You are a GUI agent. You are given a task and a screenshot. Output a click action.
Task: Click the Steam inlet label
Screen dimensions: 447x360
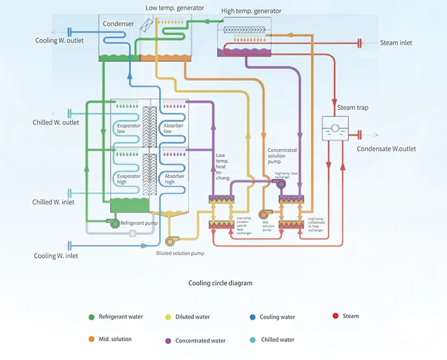click(396, 43)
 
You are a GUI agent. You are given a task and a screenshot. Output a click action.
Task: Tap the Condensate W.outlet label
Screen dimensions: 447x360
click(386, 148)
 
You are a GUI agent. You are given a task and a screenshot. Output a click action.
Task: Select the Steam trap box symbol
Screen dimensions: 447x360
click(335, 128)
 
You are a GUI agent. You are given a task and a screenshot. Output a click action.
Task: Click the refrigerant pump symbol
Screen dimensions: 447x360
click(114, 223)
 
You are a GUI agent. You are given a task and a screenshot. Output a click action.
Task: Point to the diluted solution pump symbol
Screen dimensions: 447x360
click(171, 241)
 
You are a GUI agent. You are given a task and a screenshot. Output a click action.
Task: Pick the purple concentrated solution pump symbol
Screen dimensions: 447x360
click(280, 184)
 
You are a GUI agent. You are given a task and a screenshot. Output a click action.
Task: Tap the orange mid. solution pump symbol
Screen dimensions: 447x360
click(264, 214)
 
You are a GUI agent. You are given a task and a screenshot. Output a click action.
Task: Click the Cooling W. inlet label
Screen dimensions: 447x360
click(56, 256)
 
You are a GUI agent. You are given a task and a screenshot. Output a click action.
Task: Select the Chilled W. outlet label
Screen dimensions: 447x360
click(55, 122)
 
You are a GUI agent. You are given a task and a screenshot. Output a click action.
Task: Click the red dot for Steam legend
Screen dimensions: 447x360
click(336, 316)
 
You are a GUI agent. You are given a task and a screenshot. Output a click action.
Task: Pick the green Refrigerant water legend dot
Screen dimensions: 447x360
click(92, 317)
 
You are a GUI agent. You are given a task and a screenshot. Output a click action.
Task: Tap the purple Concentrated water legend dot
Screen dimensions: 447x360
click(168, 341)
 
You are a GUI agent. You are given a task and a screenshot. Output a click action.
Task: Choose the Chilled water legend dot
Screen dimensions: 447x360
click(253, 340)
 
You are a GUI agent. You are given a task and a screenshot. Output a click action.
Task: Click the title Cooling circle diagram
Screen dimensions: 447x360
click(220, 283)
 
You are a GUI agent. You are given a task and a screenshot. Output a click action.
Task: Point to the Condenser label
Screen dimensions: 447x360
click(118, 23)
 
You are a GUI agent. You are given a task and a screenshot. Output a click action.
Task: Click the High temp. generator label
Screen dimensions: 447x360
click(251, 11)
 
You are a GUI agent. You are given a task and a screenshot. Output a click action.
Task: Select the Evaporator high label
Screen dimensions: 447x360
click(129, 179)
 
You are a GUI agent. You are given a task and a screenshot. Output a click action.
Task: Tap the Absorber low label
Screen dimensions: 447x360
click(173, 128)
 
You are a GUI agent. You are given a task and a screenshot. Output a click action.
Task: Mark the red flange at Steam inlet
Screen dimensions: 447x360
click(359, 44)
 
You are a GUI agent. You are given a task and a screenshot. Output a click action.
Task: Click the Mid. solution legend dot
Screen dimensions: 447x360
click(92, 339)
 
